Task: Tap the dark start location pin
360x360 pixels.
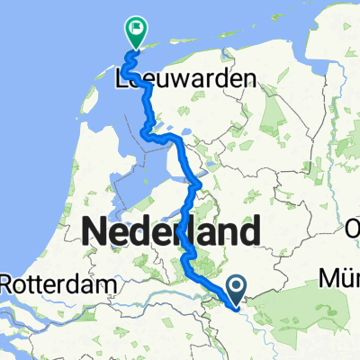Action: pos(237,291)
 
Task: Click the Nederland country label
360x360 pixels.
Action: pos(168,234)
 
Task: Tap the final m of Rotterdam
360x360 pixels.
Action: pos(111,285)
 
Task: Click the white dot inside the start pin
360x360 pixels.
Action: pos(237,287)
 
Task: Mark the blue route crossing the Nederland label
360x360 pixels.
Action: pos(185,234)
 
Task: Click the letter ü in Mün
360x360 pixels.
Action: pos(343,276)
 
